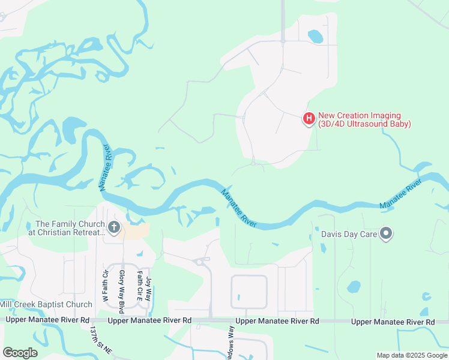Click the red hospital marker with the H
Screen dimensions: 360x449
pyautogui.click(x=309, y=119)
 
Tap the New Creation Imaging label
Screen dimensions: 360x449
pyautogui.click(x=364, y=120)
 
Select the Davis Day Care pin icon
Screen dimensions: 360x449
pyautogui.click(x=386, y=233)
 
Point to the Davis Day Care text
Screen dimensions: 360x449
pyautogui.click(x=350, y=234)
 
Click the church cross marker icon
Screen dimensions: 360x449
pyautogui.click(x=114, y=227)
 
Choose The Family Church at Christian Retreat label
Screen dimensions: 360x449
pyautogui.click(x=66, y=228)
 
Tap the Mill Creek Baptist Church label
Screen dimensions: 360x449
pyautogui.click(x=46, y=305)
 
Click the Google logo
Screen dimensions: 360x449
pyautogui.click(x=20, y=353)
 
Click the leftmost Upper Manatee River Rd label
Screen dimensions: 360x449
pyautogui.click(x=48, y=320)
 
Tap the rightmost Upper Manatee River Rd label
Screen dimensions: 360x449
pyautogui.click(x=393, y=322)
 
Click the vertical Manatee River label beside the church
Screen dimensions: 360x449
pyautogui.click(x=106, y=167)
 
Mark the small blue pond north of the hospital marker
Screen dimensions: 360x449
pyautogui.click(x=315, y=37)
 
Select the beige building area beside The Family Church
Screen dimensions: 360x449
pyautogui.click(x=137, y=231)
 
